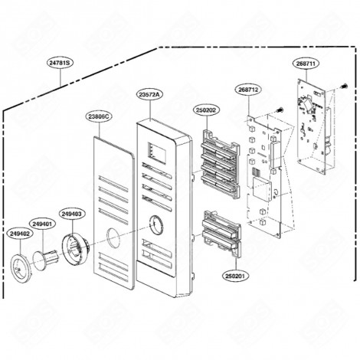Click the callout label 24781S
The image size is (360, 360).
click(x=58, y=62)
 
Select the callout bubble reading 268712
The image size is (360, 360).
click(x=248, y=89)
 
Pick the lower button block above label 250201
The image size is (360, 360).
click(x=220, y=233)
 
